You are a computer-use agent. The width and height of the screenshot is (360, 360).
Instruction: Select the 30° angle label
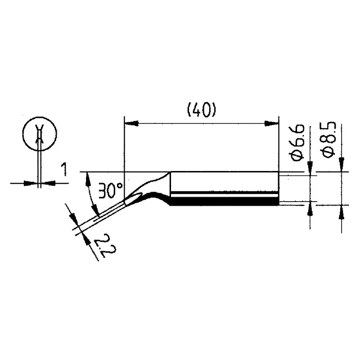pyautogui.click(x=111, y=190)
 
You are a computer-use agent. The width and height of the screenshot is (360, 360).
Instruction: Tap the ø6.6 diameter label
pyautogui.click(x=297, y=143)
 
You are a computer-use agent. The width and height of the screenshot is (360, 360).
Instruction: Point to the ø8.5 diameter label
pyautogui.click(x=329, y=139)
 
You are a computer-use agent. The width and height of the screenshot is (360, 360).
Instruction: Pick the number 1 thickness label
pyautogui.click(x=64, y=169)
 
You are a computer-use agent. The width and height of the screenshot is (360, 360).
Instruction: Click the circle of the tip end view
pyautogui.click(x=40, y=134)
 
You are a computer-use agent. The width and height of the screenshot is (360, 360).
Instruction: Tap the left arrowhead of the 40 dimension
pyautogui.click(x=131, y=123)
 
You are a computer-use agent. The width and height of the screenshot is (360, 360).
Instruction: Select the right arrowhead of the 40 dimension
pyautogui.click(x=271, y=123)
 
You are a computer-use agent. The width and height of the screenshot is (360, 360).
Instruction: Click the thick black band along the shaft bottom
pyautogui.click(x=224, y=202)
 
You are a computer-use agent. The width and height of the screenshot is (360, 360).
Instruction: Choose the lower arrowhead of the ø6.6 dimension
pyautogui.click(x=310, y=209)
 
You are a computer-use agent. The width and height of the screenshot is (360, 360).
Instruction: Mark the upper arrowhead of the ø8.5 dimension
pyautogui.click(x=342, y=164)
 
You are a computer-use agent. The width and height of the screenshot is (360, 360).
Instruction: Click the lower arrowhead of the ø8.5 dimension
pyautogui.click(x=342, y=212)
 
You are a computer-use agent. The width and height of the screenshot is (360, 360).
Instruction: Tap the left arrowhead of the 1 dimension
pyautogui.click(x=31, y=183)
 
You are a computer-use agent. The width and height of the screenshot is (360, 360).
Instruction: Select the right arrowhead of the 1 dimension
pyautogui.click(x=48, y=183)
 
